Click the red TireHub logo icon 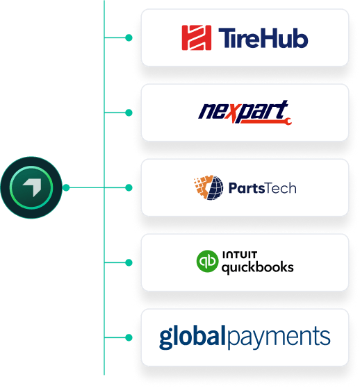pos(197,37)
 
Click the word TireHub pos(263,38)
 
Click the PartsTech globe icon pos(208,187)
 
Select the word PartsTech pos(263,188)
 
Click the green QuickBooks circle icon pos(207,261)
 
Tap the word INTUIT pos(240,255)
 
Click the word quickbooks pos(258,268)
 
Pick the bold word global pos(193,337)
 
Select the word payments pos(279,337)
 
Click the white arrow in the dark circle pos(32,187)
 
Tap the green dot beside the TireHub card pos(129,38)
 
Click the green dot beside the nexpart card pos(129,113)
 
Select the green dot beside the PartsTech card pos(129,188)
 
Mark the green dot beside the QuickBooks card pos(129,262)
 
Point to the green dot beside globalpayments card pos(129,337)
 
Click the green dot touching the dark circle pos(66,188)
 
